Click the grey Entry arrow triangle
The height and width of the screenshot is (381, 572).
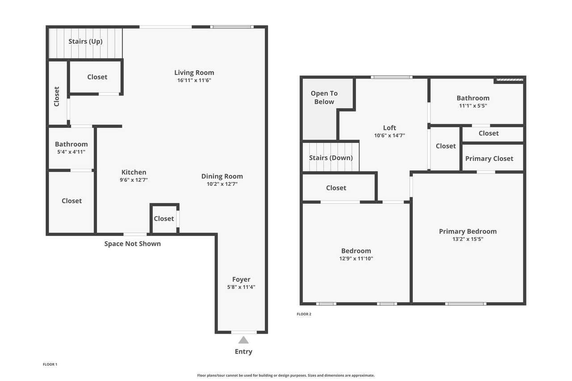tap(244, 340)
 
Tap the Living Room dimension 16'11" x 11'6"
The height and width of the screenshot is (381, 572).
tap(194, 80)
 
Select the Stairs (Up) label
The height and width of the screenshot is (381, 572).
tap(85, 42)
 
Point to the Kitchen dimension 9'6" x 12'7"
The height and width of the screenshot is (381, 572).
tap(134, 180)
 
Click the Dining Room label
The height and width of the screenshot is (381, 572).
tap(222, 176)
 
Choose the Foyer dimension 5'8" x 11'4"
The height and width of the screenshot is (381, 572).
tap(241, 287)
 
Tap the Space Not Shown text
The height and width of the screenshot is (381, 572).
tap(133, 244)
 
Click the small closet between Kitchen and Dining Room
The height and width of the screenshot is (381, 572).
tap(164, 218)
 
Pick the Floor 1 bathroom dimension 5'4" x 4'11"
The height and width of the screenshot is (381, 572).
tap(71, 152)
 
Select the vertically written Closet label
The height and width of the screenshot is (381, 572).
tap(57, 96)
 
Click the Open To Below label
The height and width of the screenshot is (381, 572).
tap(324, 97)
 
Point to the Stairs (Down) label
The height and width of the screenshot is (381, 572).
tap(331, 158)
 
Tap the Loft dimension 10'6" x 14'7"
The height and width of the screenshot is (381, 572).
tap(389, 135)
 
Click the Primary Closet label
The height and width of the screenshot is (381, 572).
tap(489, 159)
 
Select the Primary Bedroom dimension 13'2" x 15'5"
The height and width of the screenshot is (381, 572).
tap(468, 239)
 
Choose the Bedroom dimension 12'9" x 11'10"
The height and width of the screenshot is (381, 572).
tap(356, 258)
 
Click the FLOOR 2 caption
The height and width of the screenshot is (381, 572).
tap(304, 314)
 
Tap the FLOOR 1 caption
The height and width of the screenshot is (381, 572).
tap(50, 364)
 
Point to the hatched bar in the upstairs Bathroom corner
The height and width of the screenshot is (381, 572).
tap(510, 80)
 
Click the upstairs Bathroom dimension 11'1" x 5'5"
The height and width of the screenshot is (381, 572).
tap(473, 106)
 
